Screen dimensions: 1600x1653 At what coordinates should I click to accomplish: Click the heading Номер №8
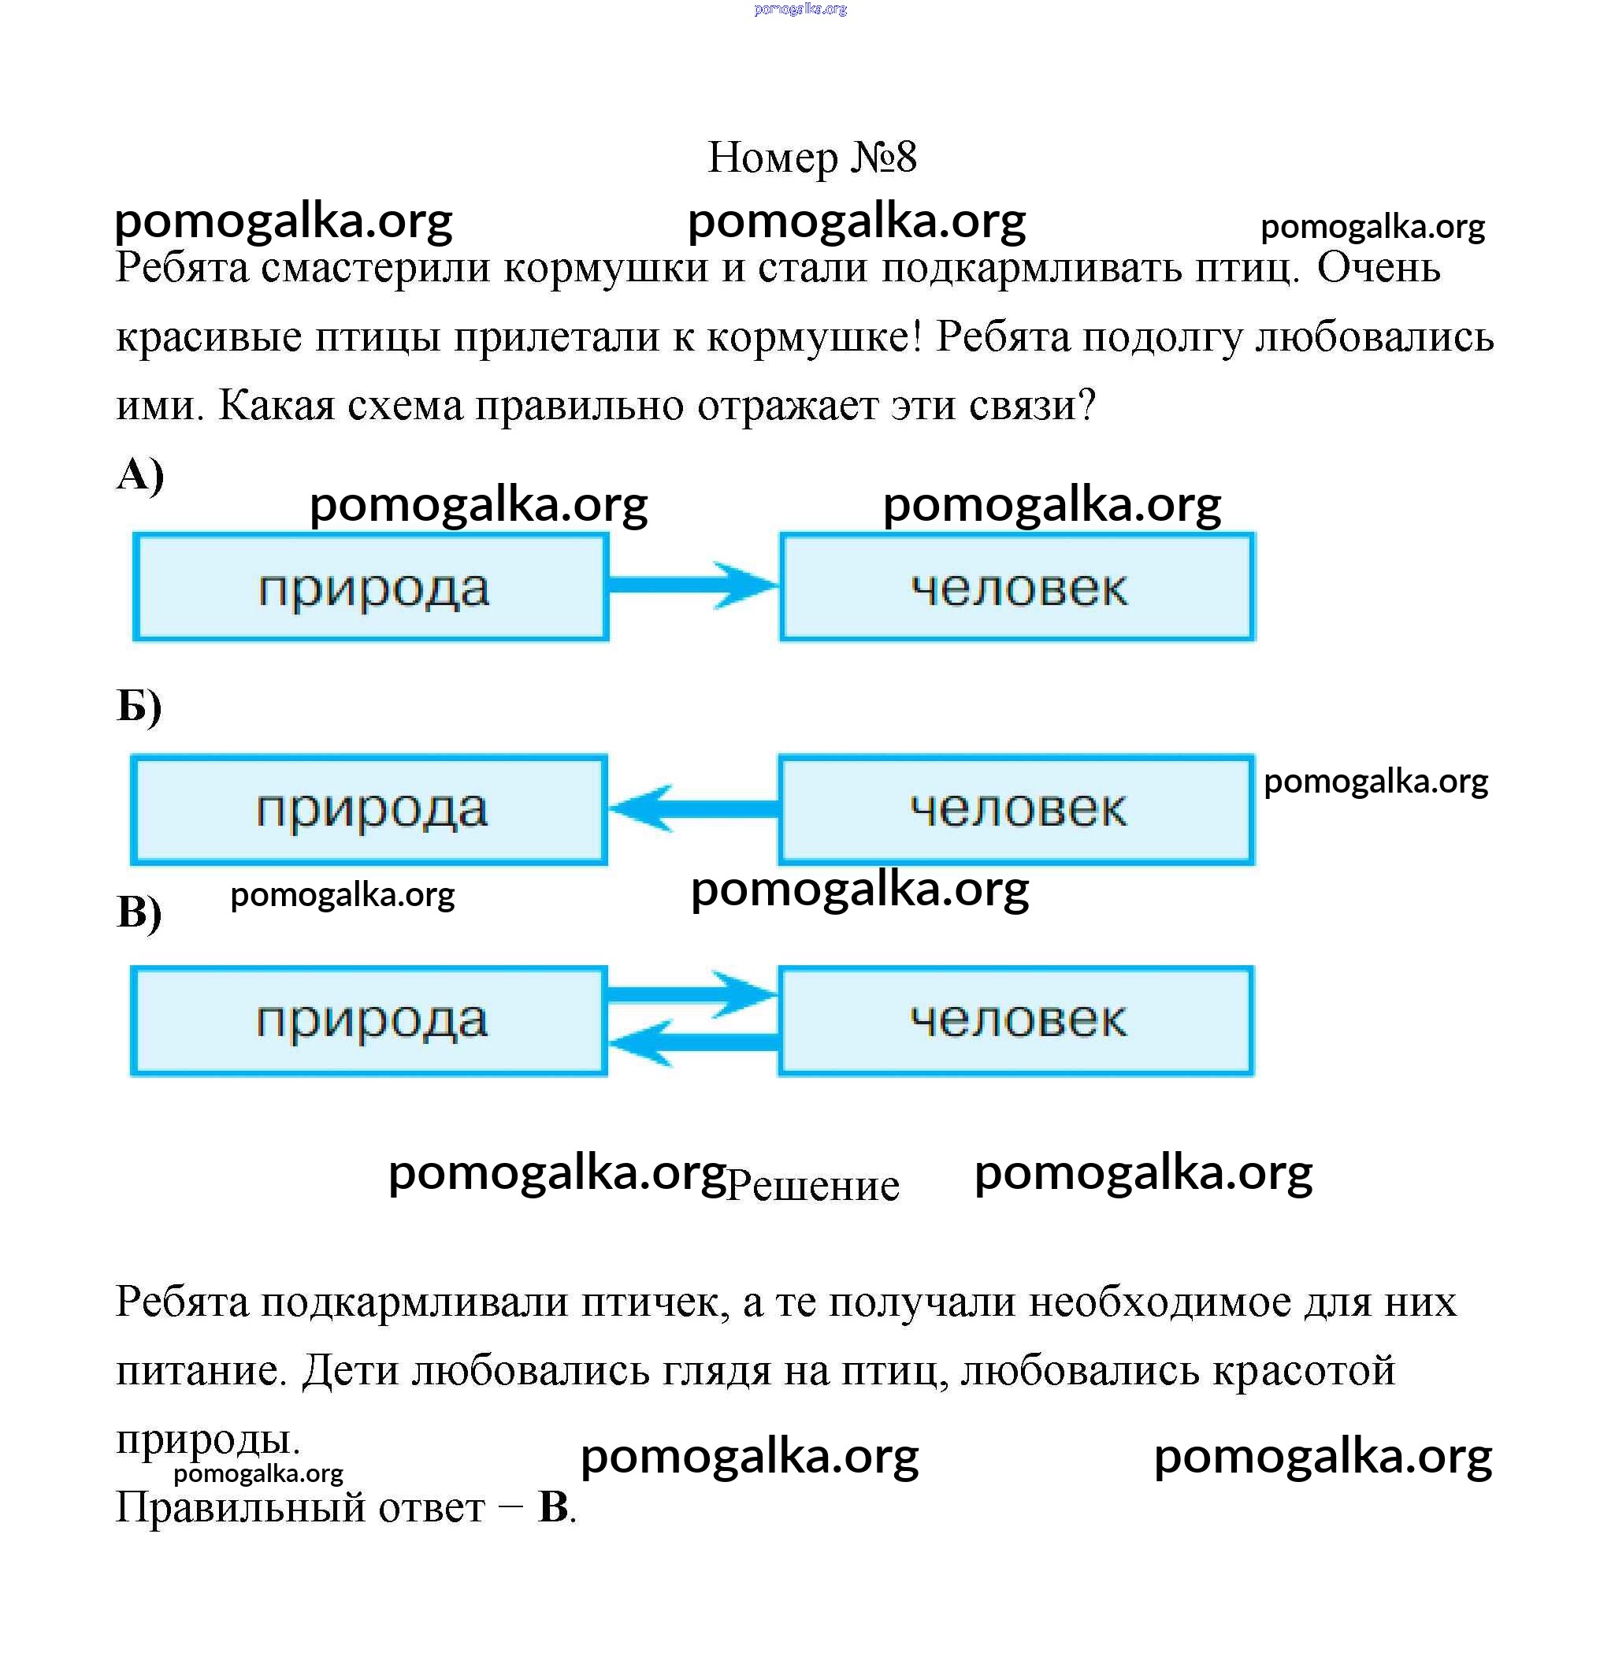(x=811, y=157)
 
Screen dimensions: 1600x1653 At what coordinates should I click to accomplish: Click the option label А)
(x=140, y=475)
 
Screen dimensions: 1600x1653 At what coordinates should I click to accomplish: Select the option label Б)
(x=139, y=705)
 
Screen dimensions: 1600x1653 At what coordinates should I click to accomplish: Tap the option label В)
(x=139, y=912)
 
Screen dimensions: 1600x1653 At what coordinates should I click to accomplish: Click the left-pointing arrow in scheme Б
(x=693, y=809)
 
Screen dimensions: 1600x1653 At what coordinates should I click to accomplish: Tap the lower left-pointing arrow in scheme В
(x=693, y=1043)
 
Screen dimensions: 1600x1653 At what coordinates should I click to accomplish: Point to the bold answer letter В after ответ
(x=553, y=1507)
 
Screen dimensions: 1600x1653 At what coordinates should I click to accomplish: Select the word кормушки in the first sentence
(x=607, y=269)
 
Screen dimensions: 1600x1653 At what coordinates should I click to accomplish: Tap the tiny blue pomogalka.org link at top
(x=800, y=9)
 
